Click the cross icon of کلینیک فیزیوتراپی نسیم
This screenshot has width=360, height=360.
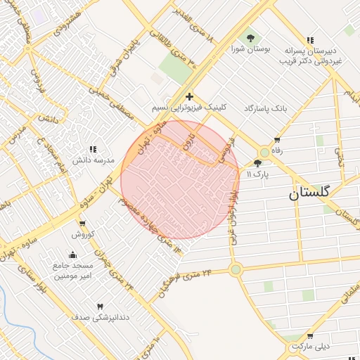coord(189,96)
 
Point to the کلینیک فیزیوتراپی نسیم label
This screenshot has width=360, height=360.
coord(189,109)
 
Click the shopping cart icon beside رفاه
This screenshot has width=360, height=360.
coord(277,139)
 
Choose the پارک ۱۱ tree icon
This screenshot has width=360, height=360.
coord(257,162)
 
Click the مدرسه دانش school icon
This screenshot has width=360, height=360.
coord(93,149)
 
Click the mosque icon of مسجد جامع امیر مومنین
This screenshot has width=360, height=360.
coord(73,255)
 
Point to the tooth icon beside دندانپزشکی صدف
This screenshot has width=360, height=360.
coord(99,307)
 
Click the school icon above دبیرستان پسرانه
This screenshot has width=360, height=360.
coord(311,40)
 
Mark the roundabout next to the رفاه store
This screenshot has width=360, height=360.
coord(264,151)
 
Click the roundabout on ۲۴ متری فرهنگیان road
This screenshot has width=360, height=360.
coord(236,269)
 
